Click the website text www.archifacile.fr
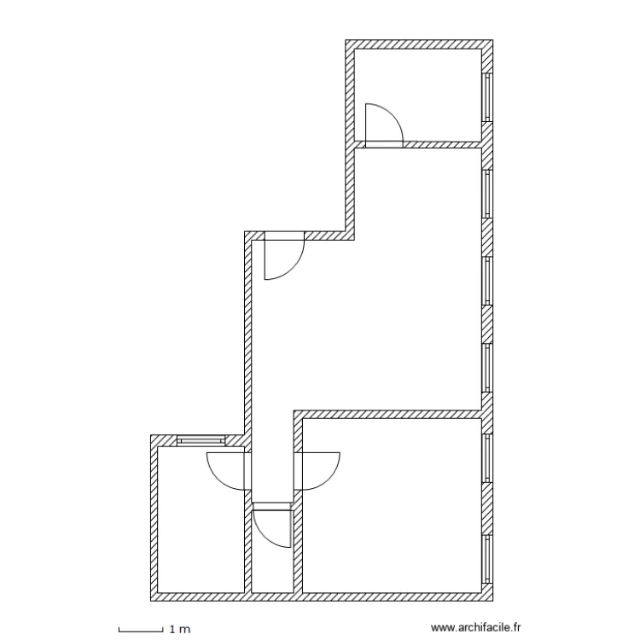pyautogui.click(x=475, y=628)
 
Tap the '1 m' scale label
pyautogui.click(x=180, y=630)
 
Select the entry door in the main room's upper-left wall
pyautogui.click(x=282, y=257)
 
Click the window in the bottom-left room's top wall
pyautogui.click(x=201, y=440)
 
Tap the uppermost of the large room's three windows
pyautogui.click(x=488, y=195)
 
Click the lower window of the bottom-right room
pyautogui.click(x=488, y=559)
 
